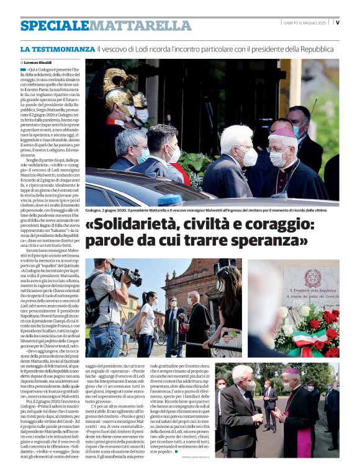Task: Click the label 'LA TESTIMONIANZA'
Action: pyautogui.click(x=57, y=48)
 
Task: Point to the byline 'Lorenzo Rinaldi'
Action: pyautogui.click(x=38, y=63)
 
